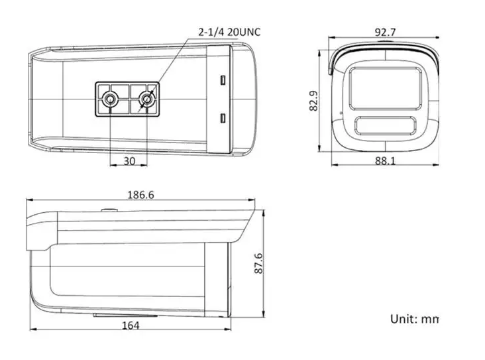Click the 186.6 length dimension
140,195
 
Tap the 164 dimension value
131,326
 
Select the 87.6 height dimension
258,263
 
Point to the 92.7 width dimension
385,32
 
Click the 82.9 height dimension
313,101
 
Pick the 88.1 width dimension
385,160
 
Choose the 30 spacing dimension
129,161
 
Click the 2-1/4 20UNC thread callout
229,32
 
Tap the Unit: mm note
415,319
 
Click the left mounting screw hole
109,99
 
